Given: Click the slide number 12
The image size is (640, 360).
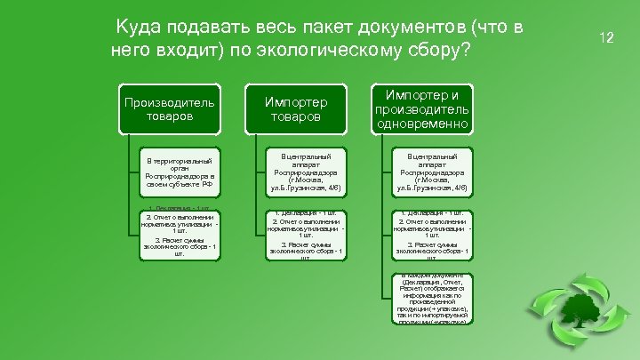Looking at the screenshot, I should (x=607, y=37).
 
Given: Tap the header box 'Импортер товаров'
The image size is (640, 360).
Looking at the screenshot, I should (x=296, y=108).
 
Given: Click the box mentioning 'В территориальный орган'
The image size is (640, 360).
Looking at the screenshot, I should (x=181, y=174).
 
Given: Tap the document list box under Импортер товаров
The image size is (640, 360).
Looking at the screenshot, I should (x=306, y=234).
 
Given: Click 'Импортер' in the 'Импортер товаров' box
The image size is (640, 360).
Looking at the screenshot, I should (x=296, y=100).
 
